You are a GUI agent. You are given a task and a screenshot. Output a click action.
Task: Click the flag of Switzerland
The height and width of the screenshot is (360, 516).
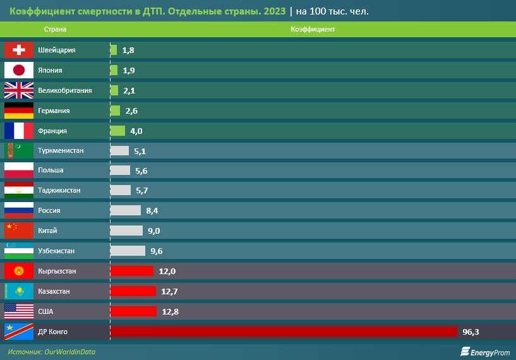19,50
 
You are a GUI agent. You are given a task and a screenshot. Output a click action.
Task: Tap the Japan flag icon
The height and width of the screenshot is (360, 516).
19,70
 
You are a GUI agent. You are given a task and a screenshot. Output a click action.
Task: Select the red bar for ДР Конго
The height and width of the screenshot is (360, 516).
283,332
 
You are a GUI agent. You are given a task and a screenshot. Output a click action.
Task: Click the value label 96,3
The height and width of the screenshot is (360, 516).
471,332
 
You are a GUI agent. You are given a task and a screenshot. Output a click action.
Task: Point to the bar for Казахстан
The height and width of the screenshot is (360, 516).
133,291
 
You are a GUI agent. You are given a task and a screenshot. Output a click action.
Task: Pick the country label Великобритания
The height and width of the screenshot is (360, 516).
65,90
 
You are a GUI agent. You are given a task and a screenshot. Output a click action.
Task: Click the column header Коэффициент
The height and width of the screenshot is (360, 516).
313,30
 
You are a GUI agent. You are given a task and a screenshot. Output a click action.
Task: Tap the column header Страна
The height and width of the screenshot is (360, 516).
55,30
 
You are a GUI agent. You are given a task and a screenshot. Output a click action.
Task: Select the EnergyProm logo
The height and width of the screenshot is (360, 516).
484,351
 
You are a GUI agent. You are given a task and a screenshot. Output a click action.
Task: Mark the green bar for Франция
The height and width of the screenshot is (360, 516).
117,131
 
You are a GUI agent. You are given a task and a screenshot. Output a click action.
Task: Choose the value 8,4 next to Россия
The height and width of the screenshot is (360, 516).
152,210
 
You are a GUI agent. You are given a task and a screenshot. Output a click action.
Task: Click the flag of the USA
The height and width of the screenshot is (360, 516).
19,311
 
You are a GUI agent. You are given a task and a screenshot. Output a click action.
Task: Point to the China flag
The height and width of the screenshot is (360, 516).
19,231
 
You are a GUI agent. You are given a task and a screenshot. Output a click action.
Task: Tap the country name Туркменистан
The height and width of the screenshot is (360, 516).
61,150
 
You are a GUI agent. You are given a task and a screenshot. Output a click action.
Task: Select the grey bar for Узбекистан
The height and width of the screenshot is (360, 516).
128,251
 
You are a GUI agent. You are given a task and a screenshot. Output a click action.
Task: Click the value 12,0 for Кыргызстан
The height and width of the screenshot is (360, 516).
167,271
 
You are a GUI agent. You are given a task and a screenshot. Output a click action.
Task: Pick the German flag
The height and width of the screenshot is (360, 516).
19,111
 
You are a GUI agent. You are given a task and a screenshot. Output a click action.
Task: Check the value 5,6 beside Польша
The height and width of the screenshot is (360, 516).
142,171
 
